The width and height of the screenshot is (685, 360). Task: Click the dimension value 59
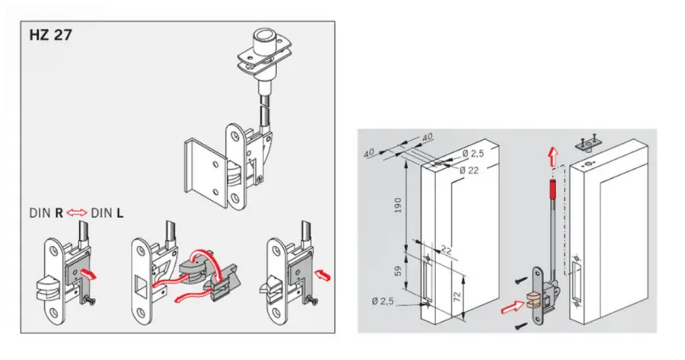click(397, 271)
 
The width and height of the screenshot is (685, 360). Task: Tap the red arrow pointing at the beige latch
click(512, 307)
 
